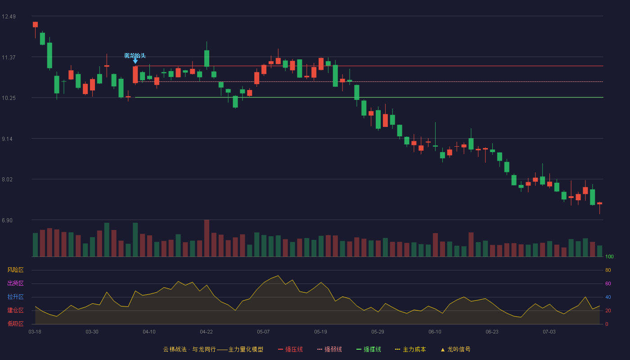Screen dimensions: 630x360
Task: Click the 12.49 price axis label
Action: click(x=9, y=17)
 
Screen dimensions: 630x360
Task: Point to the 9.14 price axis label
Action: click(x=7, y=139)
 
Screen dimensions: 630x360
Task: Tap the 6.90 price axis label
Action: click(x=7, y=220)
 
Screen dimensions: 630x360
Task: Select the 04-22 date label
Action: click(x=206, y=332)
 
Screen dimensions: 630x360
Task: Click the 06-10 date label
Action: click(x=435, y=332)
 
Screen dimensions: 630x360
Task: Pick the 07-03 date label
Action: click(x=549, y=332)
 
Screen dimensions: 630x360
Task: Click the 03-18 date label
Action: click(x=35, y=332)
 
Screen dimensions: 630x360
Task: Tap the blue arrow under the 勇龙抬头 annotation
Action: click(x=135, y=61)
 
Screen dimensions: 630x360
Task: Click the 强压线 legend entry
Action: click(x=290, y=349)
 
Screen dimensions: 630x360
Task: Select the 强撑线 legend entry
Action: click(x=369, y=349)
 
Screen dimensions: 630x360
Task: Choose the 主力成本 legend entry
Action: click(x=410, y=349)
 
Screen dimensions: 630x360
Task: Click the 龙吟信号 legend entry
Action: click(x=455, y=349)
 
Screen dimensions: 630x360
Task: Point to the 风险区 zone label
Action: click(x=15, y=270)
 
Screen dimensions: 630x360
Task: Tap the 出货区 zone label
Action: click(x=15, y=283)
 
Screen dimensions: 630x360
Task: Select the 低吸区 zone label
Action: click(x=15, y=324)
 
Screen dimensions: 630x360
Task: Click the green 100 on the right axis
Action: click(x=609, y=256)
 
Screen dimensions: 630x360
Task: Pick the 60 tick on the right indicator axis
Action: click(x=608, y=283)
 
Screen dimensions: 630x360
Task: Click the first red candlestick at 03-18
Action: click(x=35, y=24)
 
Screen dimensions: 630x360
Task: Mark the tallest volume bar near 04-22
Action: click(x=207, y=238)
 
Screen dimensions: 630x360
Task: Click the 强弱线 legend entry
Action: click(x=329, y=349)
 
